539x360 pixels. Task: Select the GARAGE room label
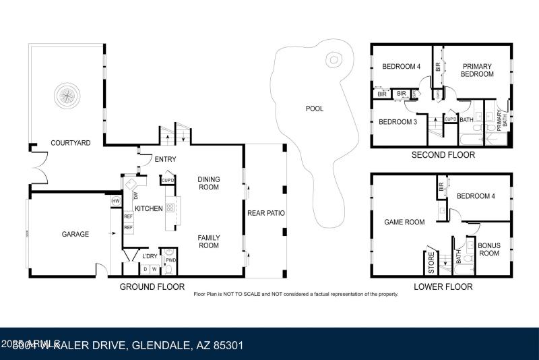(75, 234)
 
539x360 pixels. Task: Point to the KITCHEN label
(148, 209)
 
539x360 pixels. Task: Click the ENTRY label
(165, 160)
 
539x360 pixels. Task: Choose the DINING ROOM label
(208, 183)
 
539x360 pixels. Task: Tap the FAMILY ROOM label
(208, 241)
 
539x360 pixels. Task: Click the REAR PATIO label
(265, 213)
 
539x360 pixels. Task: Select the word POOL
(314, 109)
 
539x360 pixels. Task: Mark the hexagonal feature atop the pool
(332, 59)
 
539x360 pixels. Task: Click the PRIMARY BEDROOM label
(476, 71)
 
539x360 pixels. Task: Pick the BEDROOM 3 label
(398, 122)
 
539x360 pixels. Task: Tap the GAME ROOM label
(404, 222)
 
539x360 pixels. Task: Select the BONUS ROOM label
(488, 249)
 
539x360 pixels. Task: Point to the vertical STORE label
(432, 264)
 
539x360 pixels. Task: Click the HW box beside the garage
(116, 201)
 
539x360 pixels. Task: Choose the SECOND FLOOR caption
(443, 155)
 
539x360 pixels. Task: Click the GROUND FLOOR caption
(152, 287)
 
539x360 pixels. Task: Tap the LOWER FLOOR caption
(443, 287)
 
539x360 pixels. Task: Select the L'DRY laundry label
(149, 256)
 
